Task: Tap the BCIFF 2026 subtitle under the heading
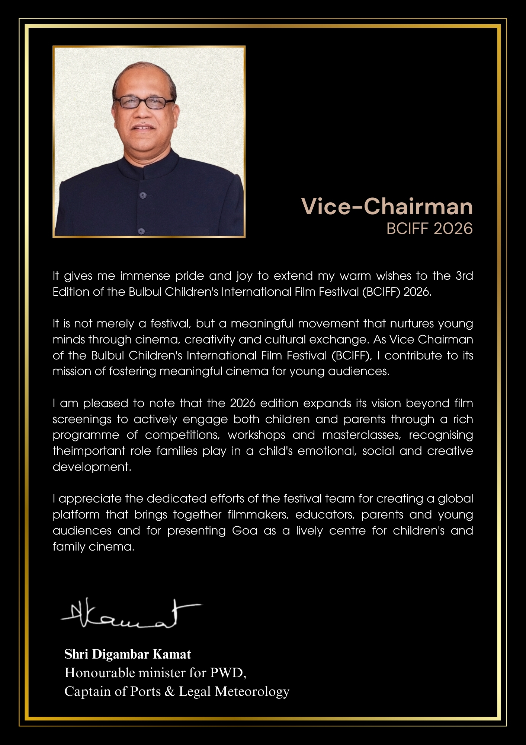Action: [x=429, y=228]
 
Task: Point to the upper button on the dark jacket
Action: [x=142, y=195]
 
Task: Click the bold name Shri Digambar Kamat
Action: [x=128, y=654]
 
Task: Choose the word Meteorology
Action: [x=252, y=691]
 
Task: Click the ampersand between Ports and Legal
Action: [x=170, y=691]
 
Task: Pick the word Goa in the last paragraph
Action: [x=244, y=530]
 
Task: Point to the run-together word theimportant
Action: [x=89, y=451]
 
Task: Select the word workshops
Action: [x=256, y=435]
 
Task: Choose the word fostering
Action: [x=132, y=371]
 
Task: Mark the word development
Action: [x=92, y=467]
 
